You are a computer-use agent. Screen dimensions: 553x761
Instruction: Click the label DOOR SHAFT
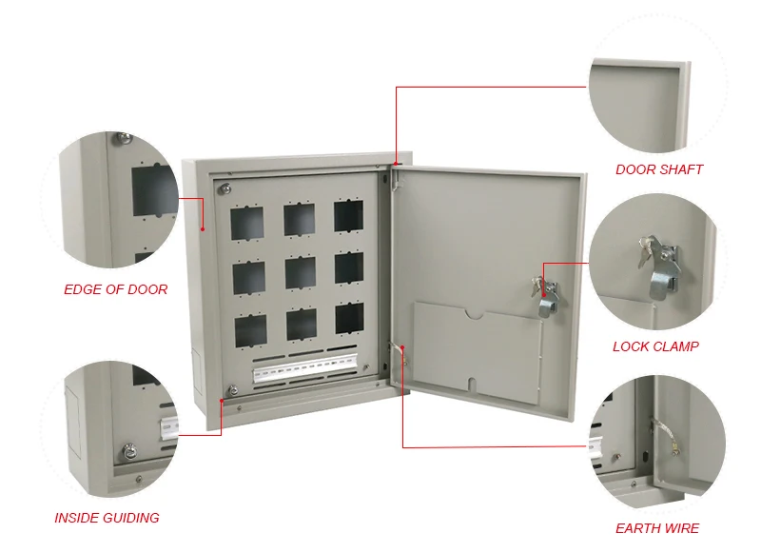[659, 169]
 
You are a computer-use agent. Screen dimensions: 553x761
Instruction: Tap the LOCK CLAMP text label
[655, 346]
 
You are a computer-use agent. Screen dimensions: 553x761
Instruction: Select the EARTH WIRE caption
[657, 528]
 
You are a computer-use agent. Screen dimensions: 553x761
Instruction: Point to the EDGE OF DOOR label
[116, 289]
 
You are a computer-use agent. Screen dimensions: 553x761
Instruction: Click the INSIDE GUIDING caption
[107, 518]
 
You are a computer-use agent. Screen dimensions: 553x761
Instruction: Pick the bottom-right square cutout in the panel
[348, 318]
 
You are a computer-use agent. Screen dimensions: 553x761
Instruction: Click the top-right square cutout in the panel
[348, 216]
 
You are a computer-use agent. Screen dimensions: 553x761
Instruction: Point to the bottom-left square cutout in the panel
[250, 329]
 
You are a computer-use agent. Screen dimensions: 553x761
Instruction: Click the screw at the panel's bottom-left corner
[231, 387]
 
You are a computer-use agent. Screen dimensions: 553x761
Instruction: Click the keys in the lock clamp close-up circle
[649, 249]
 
